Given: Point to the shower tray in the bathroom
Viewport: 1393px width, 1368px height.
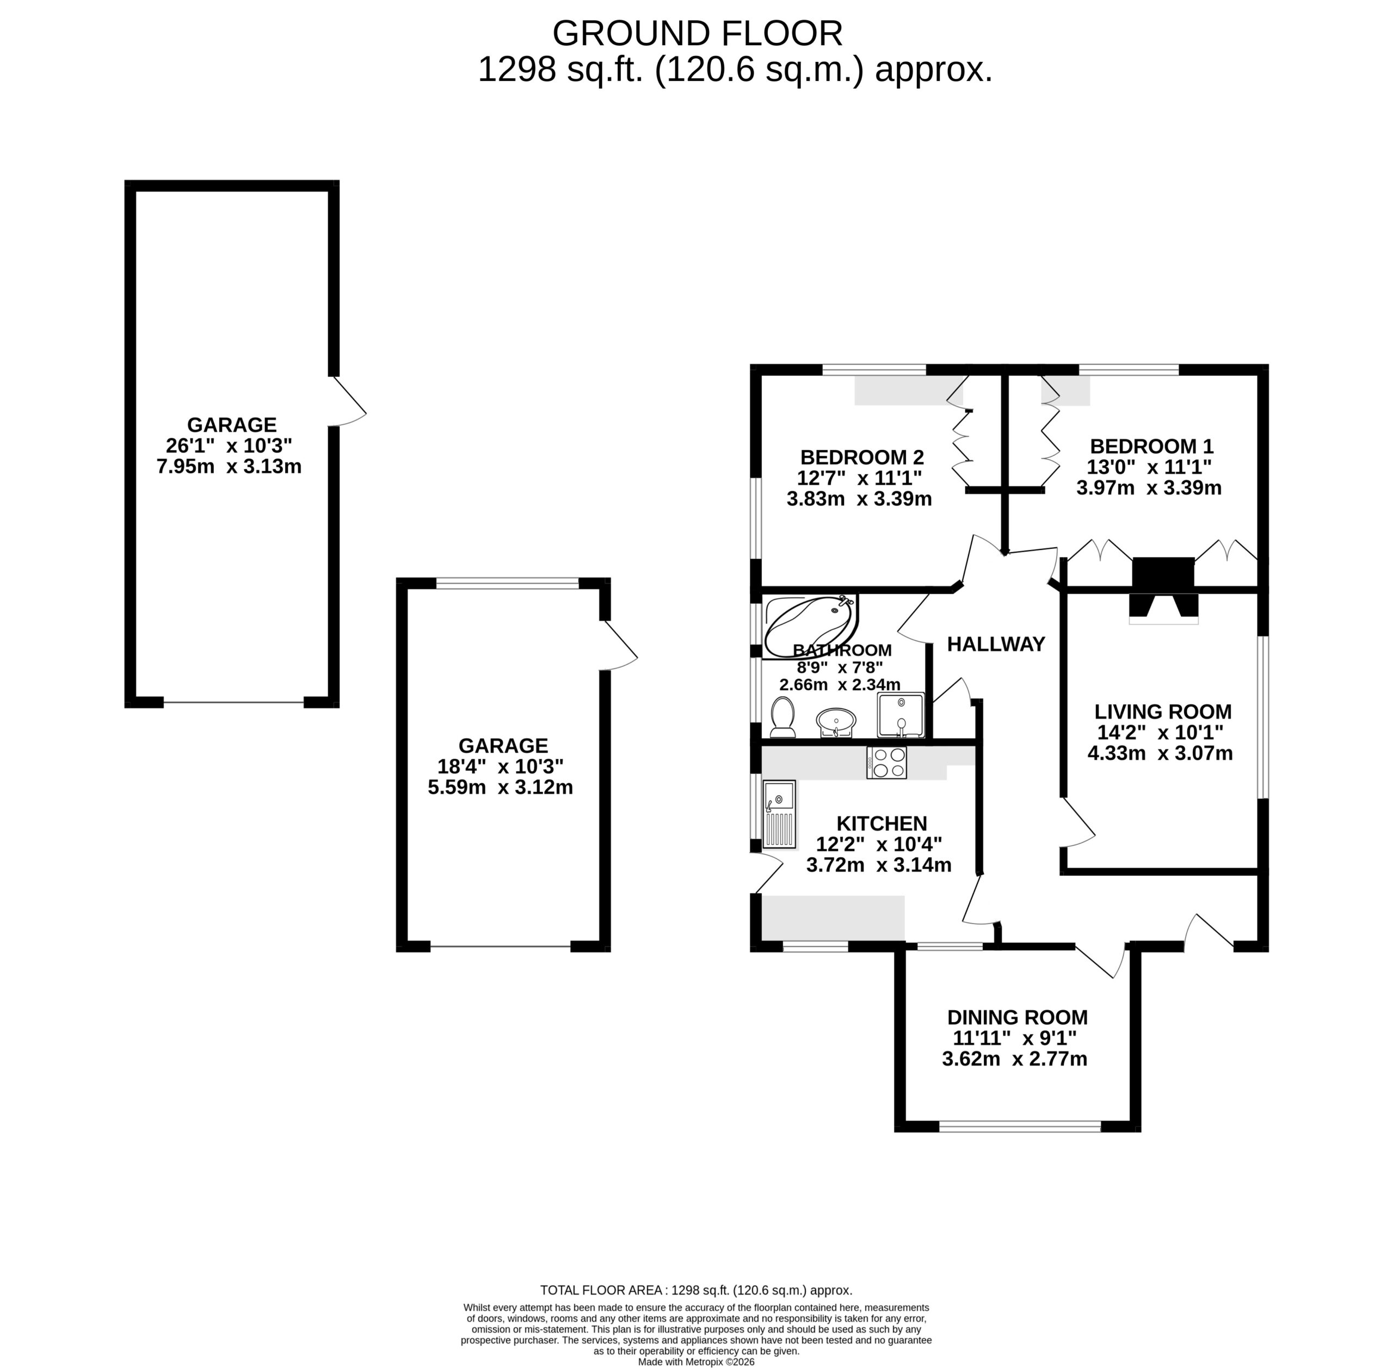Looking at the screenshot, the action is (x=901, y=715).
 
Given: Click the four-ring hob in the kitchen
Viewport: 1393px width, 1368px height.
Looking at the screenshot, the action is (x=887, y=762).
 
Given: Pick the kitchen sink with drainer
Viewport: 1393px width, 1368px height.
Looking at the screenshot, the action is (x=780, y=815).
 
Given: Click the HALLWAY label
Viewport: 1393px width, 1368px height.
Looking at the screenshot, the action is (x=996, y=645).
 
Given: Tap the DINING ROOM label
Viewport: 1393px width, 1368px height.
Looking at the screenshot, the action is (x=1017, y=1017).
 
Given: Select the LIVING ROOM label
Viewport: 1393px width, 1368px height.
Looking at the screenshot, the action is (x=1163, y=712).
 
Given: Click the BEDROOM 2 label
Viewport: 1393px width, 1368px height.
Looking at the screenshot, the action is (x=862, y=457).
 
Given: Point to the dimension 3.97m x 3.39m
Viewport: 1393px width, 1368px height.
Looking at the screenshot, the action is (x=1149, y=488).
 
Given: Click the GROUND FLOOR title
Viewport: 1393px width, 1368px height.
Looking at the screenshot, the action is (x=697, y=34).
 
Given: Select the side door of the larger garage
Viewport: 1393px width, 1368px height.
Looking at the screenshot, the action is (x=348, y=401).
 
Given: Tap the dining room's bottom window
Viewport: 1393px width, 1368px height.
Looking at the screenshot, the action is (x=1019, y=1126).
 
